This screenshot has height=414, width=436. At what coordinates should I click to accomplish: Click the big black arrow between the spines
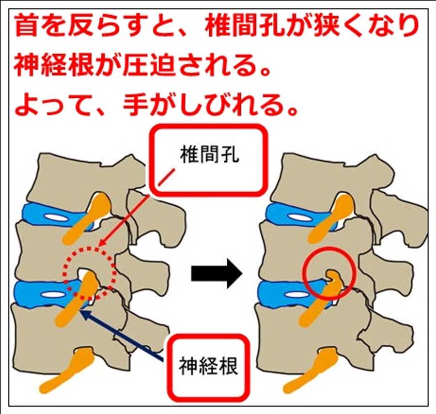click(216, 275)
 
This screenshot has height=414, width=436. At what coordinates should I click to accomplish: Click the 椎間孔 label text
click(209, 157)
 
